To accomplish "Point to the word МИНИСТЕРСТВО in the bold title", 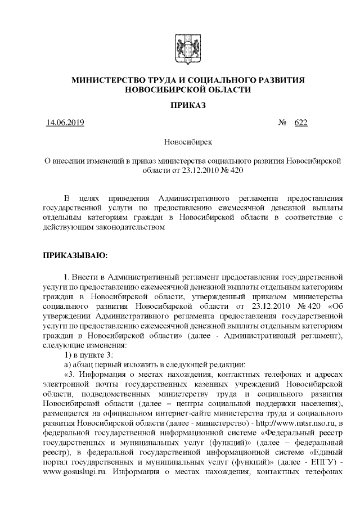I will click(x=105, y=81).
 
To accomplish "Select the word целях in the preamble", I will click(x=92, y=199).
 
